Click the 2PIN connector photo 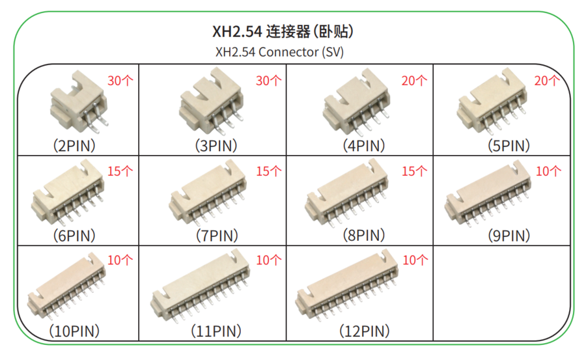coord(79,102)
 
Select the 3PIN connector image coord(212,101)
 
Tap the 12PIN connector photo coord(347,285)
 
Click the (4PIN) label coord(363,145)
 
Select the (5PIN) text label coord(509,145)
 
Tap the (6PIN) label coord(74,236)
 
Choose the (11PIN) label coord(216,331)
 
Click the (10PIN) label coord(74,331)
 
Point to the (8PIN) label coord(363,235)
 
